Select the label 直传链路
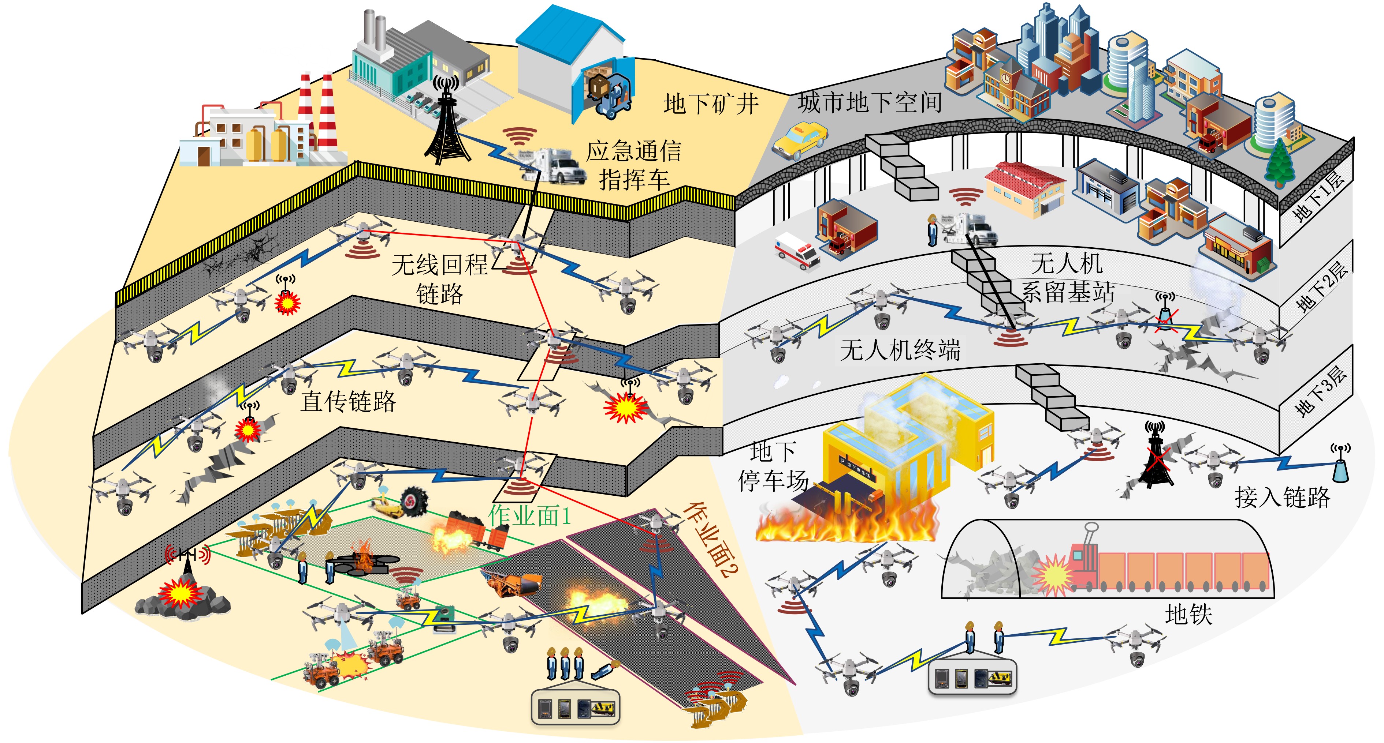pyautogui.click(x=348, y=401)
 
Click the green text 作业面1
pyautogui.click(x=529, y=515)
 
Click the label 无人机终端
pyautogui.click(x=900, y=350)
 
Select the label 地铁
pyautogui.click(x=1188, y=613)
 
